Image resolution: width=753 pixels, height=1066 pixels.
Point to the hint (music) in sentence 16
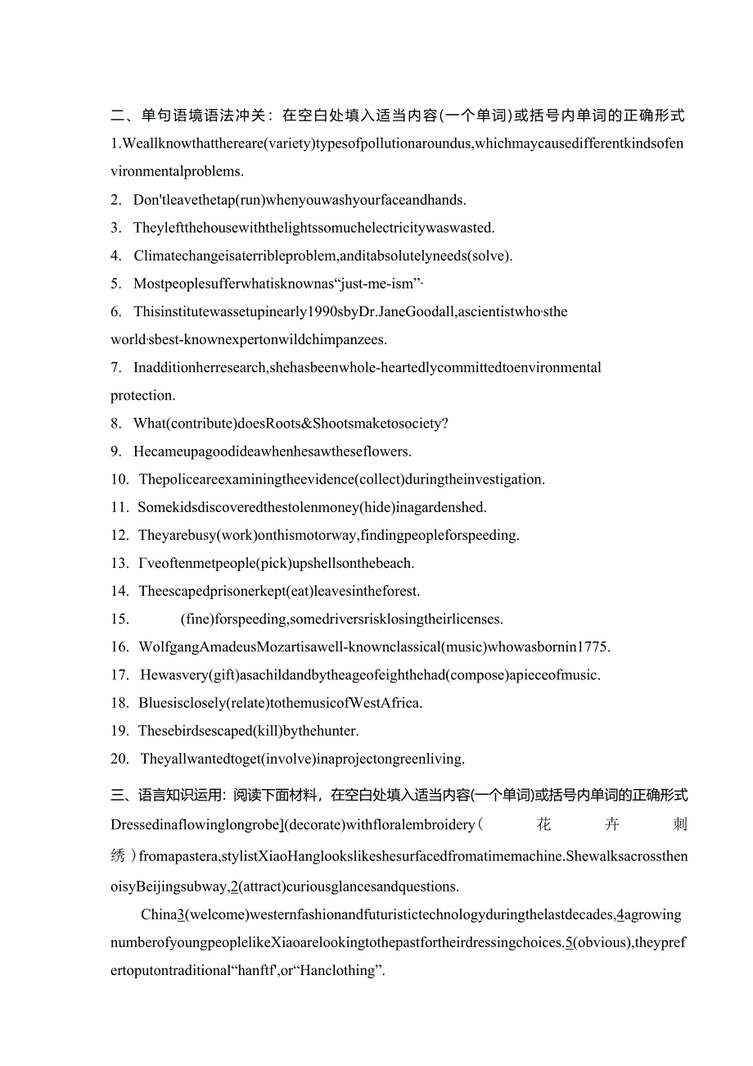tap(464, 646)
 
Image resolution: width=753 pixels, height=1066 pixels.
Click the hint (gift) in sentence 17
tap(217, 674)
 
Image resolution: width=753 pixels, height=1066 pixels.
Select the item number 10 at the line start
tap(119, 479)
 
